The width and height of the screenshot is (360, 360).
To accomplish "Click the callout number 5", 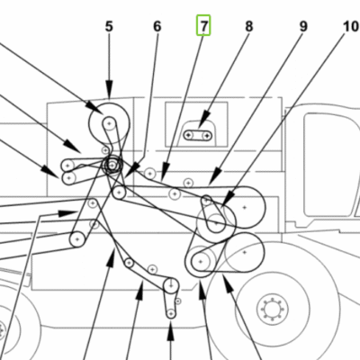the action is [x=109, y=26].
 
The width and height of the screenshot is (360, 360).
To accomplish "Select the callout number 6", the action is [x=157, y=26].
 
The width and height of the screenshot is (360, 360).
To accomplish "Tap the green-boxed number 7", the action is [x=203, y=25].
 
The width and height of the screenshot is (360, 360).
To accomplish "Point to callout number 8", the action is [x=249, y=26].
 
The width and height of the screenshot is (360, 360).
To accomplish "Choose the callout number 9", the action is [x=303, y=26].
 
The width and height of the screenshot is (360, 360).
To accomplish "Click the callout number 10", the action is [x=351, y=26].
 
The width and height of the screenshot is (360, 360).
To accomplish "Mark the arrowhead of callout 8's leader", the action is [x=204, y=119].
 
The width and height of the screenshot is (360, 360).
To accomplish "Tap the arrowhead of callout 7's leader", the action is [x=166, y=172].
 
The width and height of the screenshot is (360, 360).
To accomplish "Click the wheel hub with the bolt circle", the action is [x=273, y=309].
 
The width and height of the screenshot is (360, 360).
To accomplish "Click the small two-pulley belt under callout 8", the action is [x=197, y=136].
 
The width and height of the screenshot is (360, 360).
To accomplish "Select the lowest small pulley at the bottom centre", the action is [x=171, y=314].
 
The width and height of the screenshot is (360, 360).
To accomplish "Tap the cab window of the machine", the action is [x=330, y=165].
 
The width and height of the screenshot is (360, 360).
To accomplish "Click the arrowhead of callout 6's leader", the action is [x=130, y=174].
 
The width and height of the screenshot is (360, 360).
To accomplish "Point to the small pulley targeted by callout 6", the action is [x=120, y=191].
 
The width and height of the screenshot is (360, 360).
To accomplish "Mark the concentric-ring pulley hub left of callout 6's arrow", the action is [x=112, y=165].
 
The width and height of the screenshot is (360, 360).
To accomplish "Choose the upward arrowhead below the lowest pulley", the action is [x=170, y=334].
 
